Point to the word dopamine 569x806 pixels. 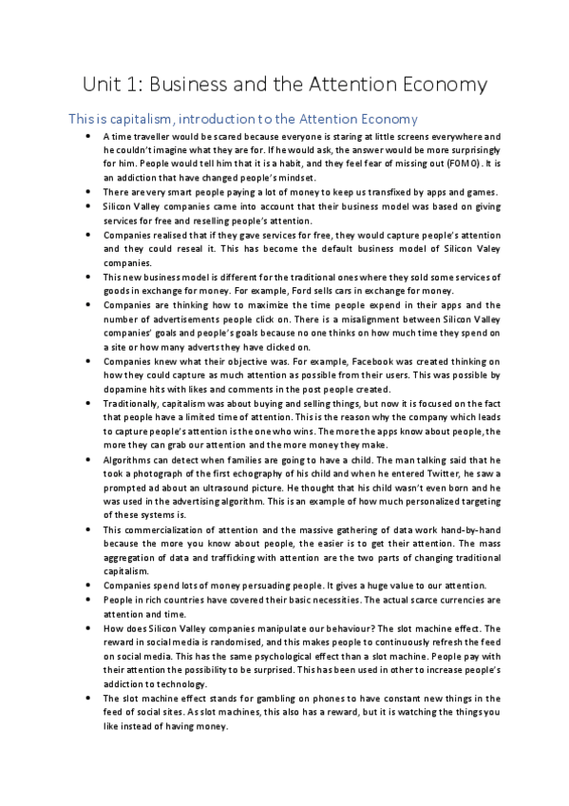[126, 390]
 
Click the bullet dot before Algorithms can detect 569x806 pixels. [87, 461]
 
